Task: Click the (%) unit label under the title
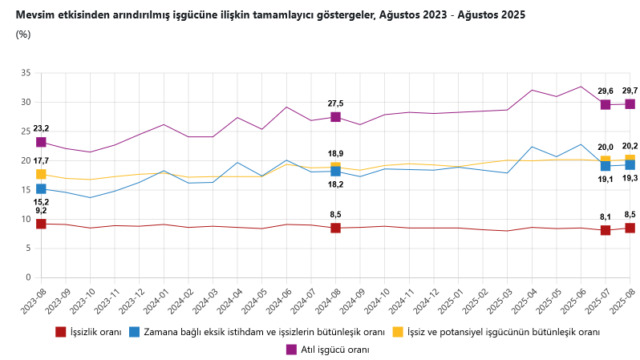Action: (x=23, y=34)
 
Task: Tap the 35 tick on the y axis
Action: (x=26, y=73)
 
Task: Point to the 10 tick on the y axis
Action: (x=26, y=219)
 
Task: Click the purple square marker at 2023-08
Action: (x=41, y=142)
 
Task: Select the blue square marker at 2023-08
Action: (x=41, y=189)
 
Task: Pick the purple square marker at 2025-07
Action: (x=606, y=104)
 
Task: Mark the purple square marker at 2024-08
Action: (x=335, y=117)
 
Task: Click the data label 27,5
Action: (x=335, y=103)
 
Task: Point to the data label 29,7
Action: (x=630, y=91)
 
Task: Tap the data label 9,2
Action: (x=41, y=210)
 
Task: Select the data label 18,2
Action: (x=335, y=184)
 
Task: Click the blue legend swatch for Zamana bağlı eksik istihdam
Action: (x=135, y=331)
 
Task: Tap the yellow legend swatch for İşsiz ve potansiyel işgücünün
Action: (x=398, y=331)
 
